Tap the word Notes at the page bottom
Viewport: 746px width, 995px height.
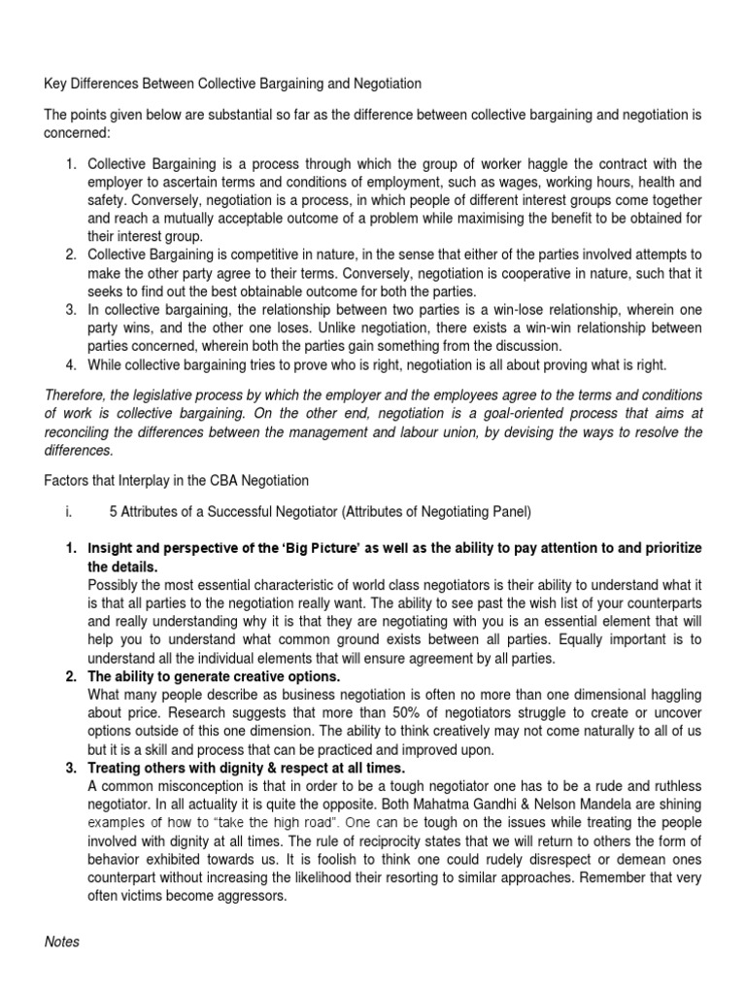[x=62, y=942]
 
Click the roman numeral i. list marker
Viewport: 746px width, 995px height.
[x=73, y=512]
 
